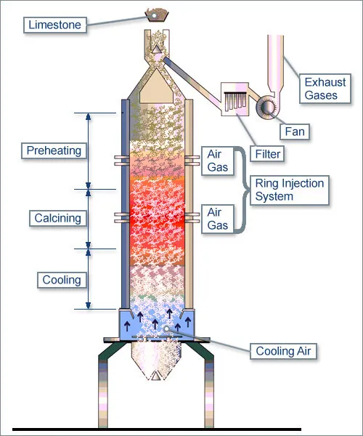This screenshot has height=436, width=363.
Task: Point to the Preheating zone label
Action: pos(54,150)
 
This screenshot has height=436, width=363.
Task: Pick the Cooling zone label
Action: pos(61,280)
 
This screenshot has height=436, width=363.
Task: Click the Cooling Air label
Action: pos(284,352)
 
